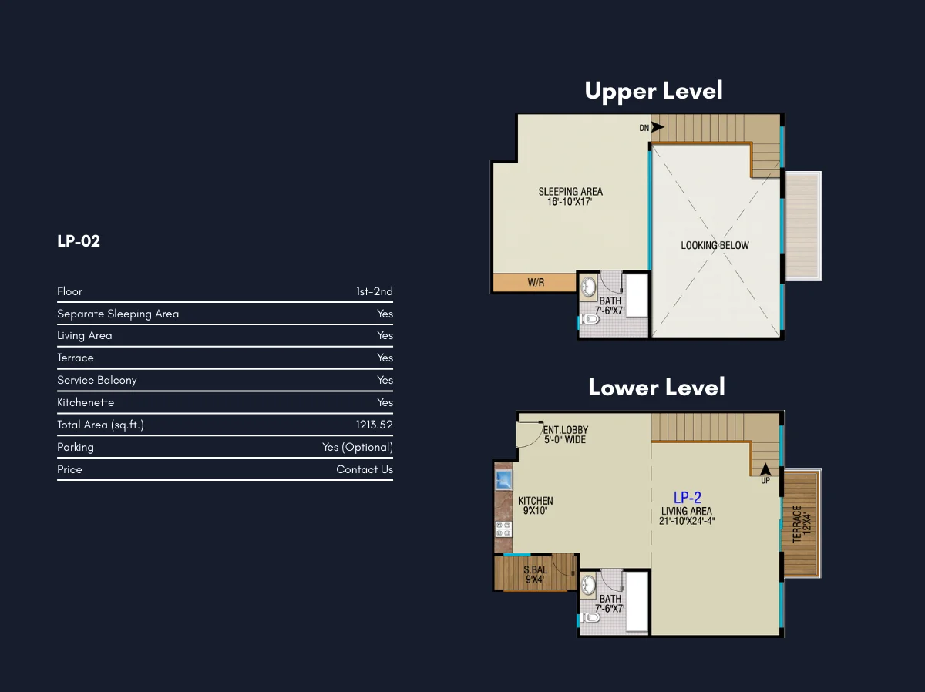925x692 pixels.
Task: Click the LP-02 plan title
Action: click(79, 241)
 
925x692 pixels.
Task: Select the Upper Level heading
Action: click(654, 91)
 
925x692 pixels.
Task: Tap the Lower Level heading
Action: click(657, 387)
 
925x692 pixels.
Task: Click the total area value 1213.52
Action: click(374, 425)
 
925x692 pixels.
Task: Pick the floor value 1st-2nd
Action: click(375, 291)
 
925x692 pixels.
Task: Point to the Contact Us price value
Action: click(365, 469)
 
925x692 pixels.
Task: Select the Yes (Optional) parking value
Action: click(358, 447)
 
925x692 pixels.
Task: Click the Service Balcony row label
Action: click(97, 381)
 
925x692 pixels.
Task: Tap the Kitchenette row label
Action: click(86, 402)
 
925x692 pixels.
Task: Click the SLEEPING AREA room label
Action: click(570, 192)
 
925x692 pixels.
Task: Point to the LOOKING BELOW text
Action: click(715, 245)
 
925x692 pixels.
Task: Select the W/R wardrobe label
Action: click(536, 282)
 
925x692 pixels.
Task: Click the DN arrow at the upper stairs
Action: click(658, 127)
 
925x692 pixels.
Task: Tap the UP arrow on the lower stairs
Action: click(765, 469)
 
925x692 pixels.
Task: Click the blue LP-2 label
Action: click(688, 497)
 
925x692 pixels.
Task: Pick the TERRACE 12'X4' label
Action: click(801, 524)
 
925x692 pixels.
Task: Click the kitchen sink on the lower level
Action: click(504, 480)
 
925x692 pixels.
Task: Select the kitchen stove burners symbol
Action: click(503, 529)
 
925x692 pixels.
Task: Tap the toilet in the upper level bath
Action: click(590, 319)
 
